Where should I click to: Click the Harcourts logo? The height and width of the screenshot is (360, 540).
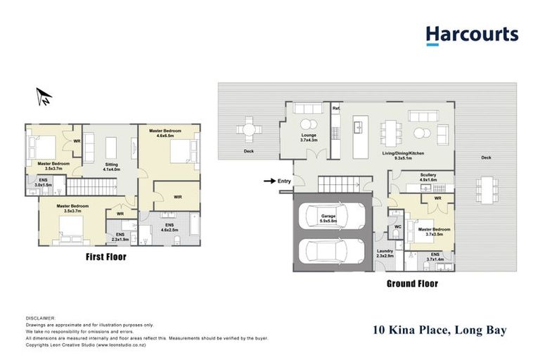472,35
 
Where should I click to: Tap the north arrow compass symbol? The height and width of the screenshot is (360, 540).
44,96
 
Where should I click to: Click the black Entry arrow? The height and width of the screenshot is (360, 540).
269,181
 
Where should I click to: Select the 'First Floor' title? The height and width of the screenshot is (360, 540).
105,257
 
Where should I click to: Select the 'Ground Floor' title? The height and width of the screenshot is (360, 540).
412,284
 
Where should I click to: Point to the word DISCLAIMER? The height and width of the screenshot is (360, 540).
40,318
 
